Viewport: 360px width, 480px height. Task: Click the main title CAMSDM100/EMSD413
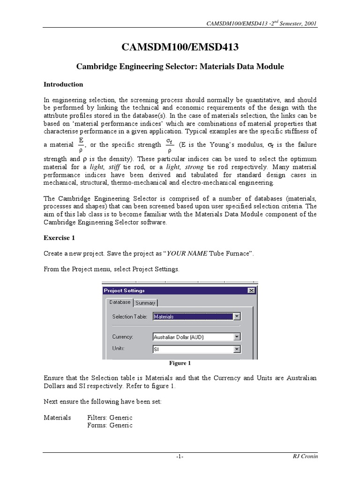click(x=180, y=47)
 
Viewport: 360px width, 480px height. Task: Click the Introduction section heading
click(x=63, y=84)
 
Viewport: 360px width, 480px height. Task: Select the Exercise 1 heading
click(x=59, y=238)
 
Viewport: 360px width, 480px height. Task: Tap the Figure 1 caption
click(x=180, y=363)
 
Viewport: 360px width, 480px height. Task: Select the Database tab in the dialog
click(x=120, y=302)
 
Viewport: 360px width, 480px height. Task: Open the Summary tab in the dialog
click(x=145, y=303)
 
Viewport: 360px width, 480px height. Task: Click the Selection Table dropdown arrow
click(x=237, y=316)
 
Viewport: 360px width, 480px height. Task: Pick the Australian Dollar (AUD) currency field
click(x=192, y=337)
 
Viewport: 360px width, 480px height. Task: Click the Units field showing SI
click(x=192, y=349)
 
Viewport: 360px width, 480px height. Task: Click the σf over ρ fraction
click(x=169, y=145)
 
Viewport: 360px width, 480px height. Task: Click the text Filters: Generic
click(x=110, y=417)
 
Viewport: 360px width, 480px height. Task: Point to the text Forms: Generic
click(x=110, y=425)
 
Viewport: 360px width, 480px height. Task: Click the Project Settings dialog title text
click(x=124, y=291)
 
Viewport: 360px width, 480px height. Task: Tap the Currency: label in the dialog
click(x=123, y=337)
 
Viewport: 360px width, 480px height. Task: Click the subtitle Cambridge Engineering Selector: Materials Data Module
click(x=180, y=67)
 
